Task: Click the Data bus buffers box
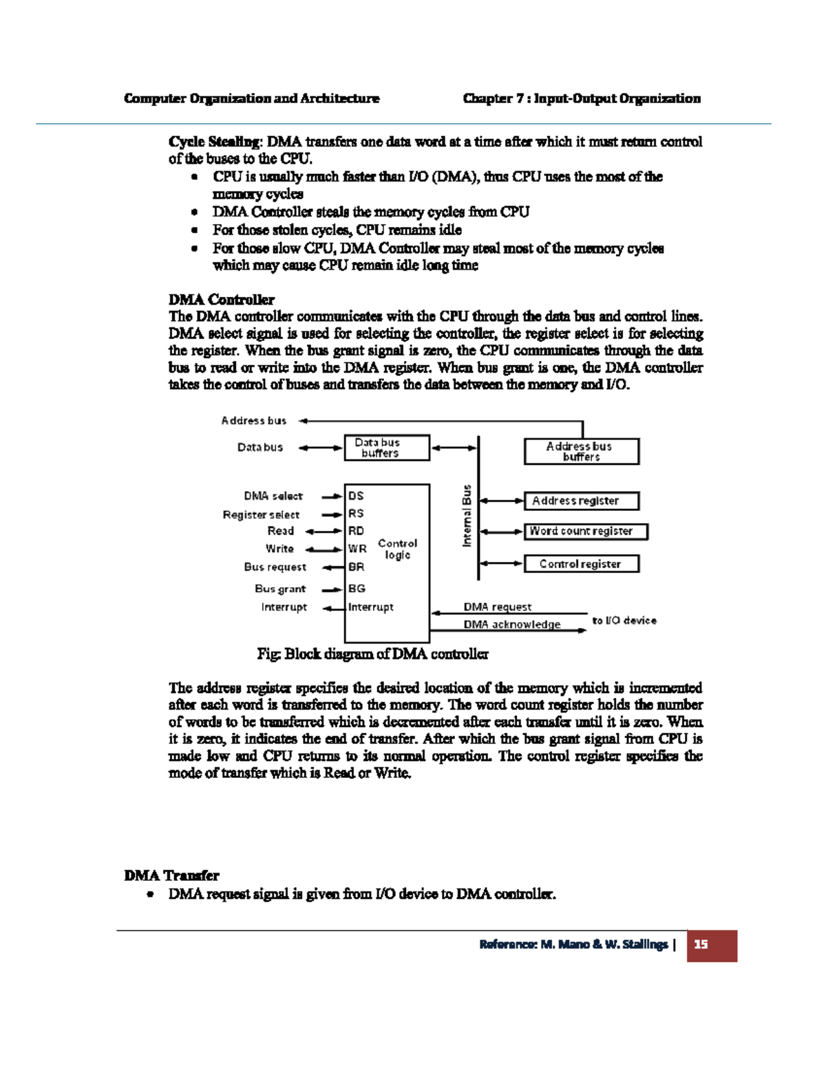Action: (387, 448)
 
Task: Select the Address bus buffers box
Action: (581, 452)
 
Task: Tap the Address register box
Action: (581, 501)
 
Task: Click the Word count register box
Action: (586, 532)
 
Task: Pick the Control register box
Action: (581, 564)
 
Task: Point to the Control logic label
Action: (397, 549)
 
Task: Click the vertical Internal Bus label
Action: (467, 516)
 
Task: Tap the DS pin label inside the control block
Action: (356, 496)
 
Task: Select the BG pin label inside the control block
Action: (357, 589)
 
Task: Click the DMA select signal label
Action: (273, 496)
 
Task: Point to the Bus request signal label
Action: (275, 567)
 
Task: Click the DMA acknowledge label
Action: (511, 624)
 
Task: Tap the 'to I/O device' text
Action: (624, 620)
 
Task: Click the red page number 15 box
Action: (712, 945)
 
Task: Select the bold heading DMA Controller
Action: (221, 300)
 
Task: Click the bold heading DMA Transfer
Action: (171, 875)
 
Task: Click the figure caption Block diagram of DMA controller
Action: (372, 654)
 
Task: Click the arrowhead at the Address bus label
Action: (304, 421)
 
